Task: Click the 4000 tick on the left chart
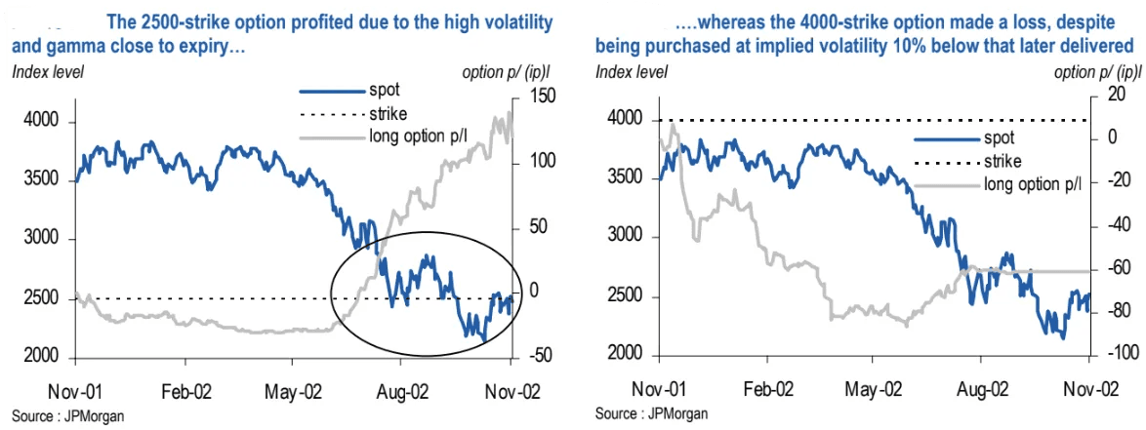coord(40,122)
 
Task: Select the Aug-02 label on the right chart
coord(981,386)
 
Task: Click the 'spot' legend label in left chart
coord(384,90)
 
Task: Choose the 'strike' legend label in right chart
coord(1003,161)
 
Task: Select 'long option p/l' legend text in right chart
coord(1039,183)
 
